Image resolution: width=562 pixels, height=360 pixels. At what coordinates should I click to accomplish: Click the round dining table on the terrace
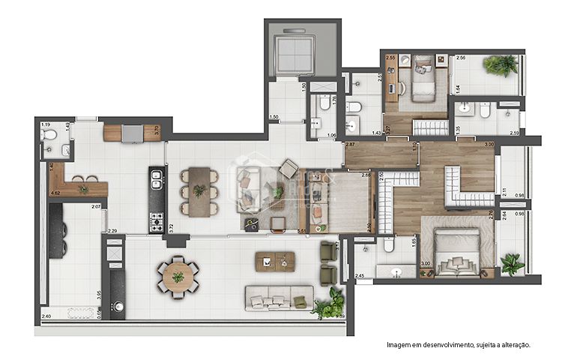coord(178,276)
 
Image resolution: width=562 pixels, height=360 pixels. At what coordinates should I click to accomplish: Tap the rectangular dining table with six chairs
coord(199,191)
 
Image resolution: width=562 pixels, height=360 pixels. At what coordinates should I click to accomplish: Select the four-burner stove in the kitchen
coord(157,221)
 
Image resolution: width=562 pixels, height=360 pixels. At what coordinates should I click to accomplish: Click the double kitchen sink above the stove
coord(157,180)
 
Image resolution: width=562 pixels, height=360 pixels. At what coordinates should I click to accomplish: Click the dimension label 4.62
coord(55,193)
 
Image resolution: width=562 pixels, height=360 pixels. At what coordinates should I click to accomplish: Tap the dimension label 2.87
coord(350,143)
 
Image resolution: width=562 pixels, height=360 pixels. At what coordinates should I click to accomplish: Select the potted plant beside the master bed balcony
coord(513,264)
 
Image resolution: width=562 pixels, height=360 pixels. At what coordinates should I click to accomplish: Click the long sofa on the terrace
coord(279,298)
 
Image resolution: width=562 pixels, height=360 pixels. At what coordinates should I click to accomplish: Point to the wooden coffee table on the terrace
coord(275,261)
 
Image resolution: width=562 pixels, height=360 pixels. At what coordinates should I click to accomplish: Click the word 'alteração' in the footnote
coord(513,345)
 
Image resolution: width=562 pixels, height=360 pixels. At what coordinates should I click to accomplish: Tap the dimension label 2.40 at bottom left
coord(46,316)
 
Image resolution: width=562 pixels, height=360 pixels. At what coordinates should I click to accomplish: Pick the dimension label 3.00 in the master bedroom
coord(425,263)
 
